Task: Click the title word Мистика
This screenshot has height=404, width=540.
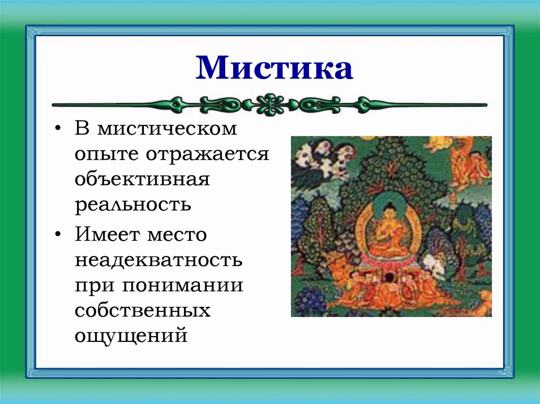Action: pos(274,68)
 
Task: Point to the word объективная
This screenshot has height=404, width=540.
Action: pos(142,179)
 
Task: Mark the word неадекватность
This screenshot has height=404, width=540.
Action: pos(159,260)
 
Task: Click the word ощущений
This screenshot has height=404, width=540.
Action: pos(131,336)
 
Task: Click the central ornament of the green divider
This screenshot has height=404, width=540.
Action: pos(269,104)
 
